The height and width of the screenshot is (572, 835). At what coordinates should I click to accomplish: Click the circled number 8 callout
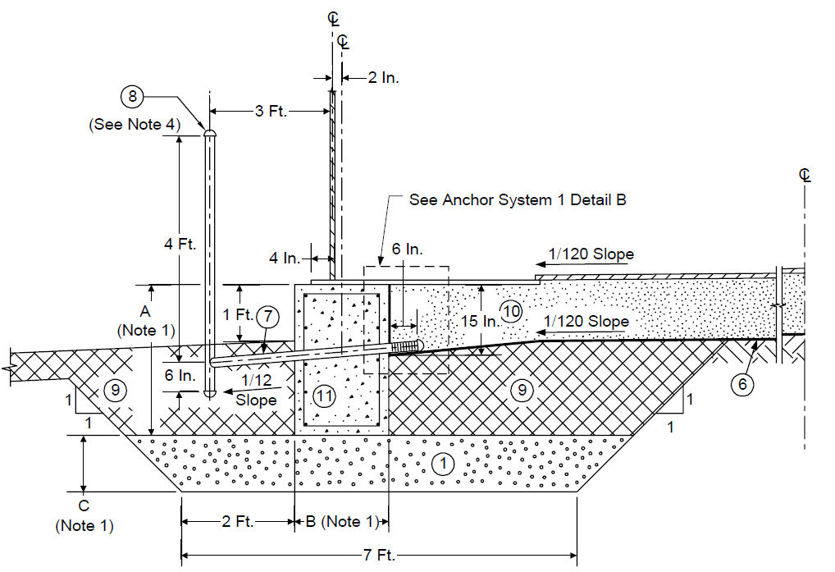(132, 96)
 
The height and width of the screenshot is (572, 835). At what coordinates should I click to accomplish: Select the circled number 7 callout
(268, 316)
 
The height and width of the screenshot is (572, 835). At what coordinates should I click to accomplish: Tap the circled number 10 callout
(511, 311)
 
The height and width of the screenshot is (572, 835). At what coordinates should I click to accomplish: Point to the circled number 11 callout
(324, 396)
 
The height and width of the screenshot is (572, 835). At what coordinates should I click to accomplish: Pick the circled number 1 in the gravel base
(443, 464)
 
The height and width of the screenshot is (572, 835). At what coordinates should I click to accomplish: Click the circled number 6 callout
(742, 384)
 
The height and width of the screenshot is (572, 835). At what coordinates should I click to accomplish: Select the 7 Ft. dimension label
(379, 555)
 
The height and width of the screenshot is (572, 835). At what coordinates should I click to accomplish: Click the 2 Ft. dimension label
(238, 521)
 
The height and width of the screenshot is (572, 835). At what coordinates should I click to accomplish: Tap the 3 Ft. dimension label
(271, 112)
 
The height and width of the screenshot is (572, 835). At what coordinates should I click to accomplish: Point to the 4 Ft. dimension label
(180, 245)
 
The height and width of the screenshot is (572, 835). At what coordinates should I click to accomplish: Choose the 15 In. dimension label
(479, 321)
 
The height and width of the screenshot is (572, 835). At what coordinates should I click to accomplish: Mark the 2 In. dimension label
(383, 78)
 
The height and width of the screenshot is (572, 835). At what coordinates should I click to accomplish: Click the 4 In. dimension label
(285, 259)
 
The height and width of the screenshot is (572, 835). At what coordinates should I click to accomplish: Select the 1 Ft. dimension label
(238, 315)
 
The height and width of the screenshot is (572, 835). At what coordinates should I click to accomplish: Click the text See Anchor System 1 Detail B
(518, 200)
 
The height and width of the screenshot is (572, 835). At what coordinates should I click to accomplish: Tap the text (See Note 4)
(135, 125)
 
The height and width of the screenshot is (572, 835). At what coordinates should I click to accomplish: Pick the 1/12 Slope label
(256, 391)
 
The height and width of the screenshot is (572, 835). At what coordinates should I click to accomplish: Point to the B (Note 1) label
(341, 521)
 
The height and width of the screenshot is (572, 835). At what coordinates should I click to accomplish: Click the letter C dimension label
(84, 506)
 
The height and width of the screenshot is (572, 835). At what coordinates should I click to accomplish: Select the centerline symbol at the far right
(805, 175)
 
